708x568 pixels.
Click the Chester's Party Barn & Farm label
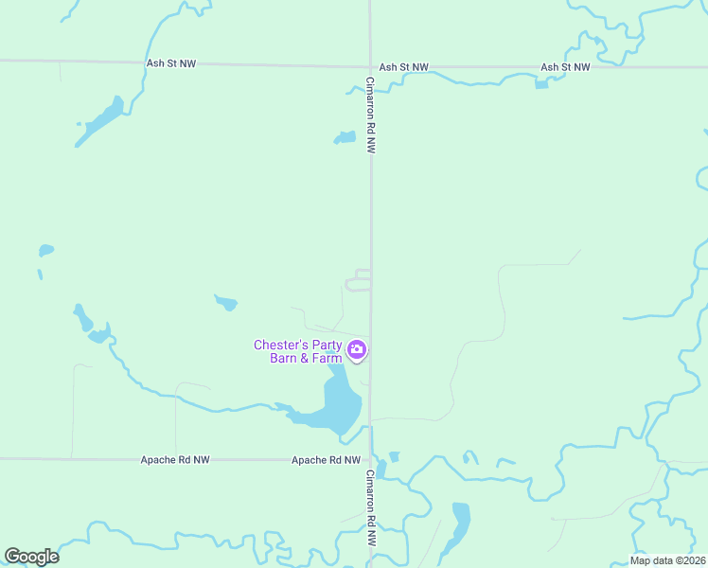click(x=297, y=351)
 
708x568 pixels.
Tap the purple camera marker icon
click(x=357, y=351)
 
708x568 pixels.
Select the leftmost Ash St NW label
click(x=171, y=64)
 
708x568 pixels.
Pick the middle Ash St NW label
click(x=403, y=67)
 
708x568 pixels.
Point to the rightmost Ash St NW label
click(x=565, y=67)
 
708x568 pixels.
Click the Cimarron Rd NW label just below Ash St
click(x=372, y=115)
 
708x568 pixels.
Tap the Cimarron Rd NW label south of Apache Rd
click(x=371, y=509)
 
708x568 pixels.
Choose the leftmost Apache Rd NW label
click(x=175, y=459)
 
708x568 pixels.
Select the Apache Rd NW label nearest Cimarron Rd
click(x=327, y=460)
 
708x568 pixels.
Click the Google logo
click(x=32, y=557)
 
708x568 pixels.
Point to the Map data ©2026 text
click(x=667, y=560)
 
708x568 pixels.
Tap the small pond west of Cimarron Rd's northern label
click(x=345, y=138)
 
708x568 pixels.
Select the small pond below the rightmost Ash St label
click(x=541, y=83)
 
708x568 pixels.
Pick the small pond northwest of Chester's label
click(x=226, y=303)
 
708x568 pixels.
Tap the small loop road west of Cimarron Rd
click(x=357, y=280)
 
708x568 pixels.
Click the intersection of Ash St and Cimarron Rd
click(x=370, y=66)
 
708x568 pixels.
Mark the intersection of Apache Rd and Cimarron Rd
click(x=370, y=460)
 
